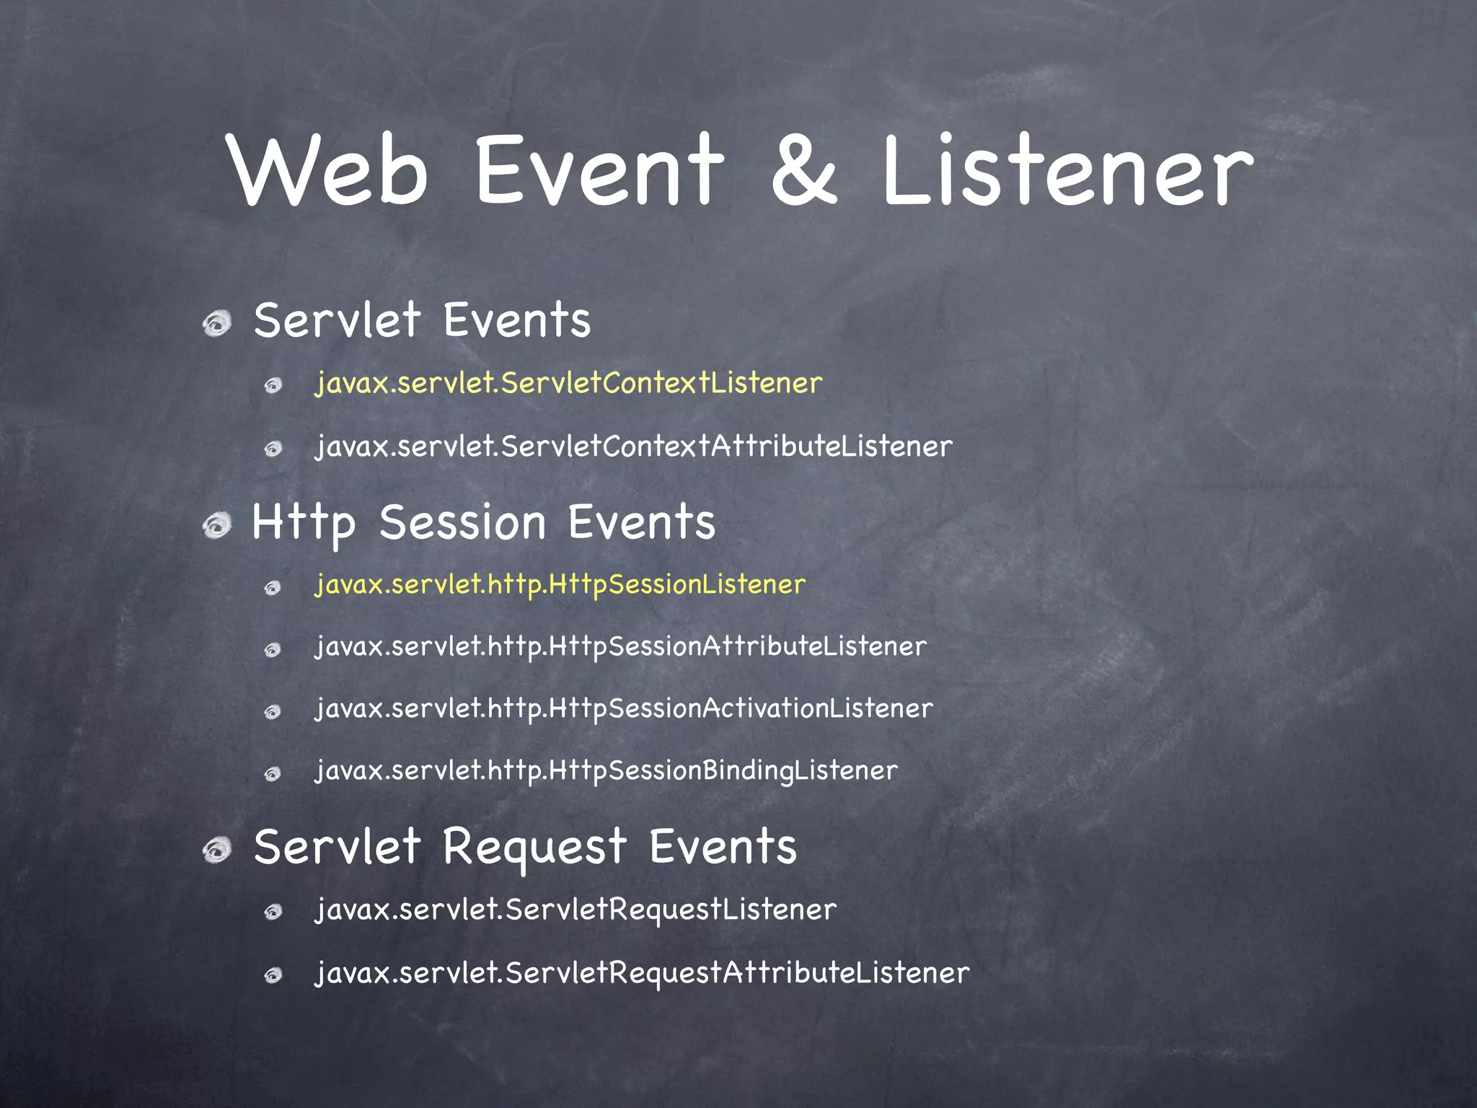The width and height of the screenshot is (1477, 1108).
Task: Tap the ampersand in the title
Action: click(x=803, y=172)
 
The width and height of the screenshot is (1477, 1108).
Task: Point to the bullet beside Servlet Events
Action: click(x=216, y=322)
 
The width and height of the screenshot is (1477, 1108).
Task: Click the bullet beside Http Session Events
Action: click(x=216, y=524)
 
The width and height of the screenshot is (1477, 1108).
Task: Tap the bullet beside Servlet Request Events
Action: click(x=216, y=849)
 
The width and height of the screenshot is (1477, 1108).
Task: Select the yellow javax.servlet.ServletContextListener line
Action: click(x=568, y=383)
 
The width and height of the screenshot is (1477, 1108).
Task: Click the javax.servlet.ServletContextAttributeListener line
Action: click(x=634, y=447)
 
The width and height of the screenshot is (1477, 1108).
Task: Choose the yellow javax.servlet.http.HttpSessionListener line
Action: click(x=560, y=584)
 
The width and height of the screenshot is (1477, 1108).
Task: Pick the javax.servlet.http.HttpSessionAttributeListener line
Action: click(x=621, y=646)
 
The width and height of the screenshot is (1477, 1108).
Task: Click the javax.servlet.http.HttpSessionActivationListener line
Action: click(x=624, y=708)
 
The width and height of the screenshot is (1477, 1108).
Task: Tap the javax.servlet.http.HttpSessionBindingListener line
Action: click(x=607, y=770)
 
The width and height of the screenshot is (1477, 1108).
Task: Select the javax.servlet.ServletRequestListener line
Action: click(x=576, y=910)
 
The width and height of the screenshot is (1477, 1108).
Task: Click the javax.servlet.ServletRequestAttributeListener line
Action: click(x=642, y=973)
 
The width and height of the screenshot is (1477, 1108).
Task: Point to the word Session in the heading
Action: click(x=462, y=523)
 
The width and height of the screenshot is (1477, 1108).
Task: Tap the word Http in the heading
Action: click(x=304, y=523)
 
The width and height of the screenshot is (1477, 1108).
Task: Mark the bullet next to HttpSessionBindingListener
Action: click(x=273, y=775)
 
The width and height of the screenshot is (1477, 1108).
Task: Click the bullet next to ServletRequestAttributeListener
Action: click(x=273, y=977)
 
